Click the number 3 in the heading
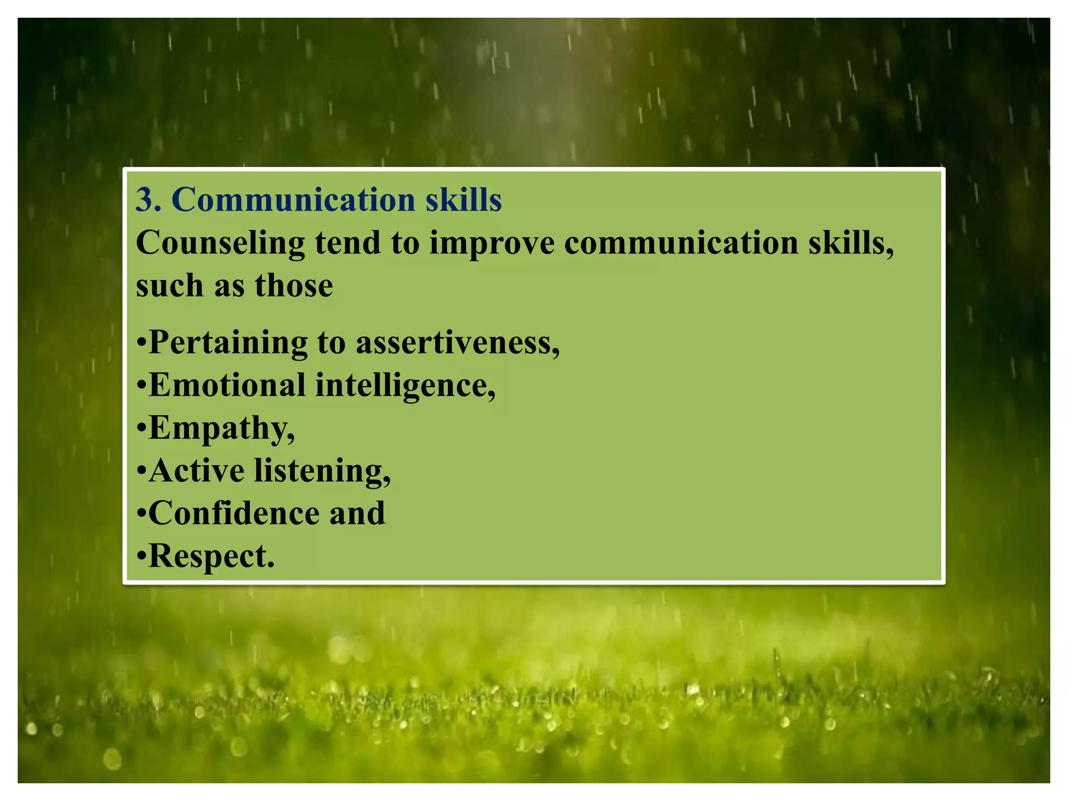click(x=144, y=200)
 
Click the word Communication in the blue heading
click(x=293, y=200)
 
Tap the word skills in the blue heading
click(x=463, y=200)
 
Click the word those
click(x=294, y=286)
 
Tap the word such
click(x=169, y=286)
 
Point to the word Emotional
click(x=227, y=385)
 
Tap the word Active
click(x=197, y=470)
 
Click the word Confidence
click(x=234, y=513)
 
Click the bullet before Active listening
click(x=141, y=471)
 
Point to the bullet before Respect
click(x=141, y=556)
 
